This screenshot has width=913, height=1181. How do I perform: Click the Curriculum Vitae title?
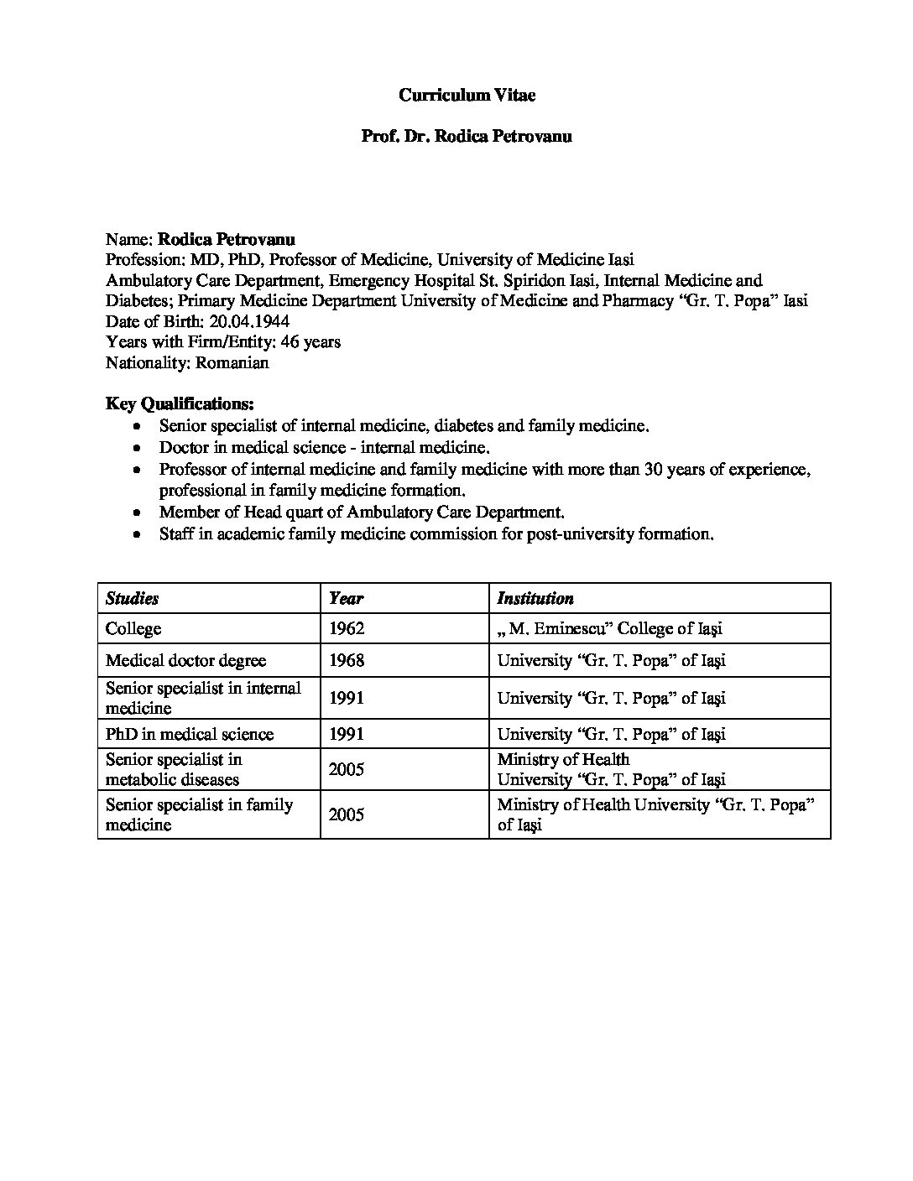tap(467, 96)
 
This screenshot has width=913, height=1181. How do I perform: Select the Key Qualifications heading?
tap(180, 403)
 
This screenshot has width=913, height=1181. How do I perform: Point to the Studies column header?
tap(132, 598)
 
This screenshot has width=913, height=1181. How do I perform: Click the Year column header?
tap(346, 598)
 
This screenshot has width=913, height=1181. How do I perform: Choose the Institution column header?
tap(535, 598)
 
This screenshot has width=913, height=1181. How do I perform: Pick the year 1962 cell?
tap(347, 628)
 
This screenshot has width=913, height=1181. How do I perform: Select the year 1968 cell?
tap(347, 660)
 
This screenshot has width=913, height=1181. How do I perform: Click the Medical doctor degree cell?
tap(185, 660)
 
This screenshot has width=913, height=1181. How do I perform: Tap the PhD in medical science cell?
tap(190, 734)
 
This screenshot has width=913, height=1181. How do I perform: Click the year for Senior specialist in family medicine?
tap(347, 814)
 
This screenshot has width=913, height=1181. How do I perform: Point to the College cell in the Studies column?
tap(133, 628)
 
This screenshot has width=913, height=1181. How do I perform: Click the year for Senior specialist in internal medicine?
tap(347, 698)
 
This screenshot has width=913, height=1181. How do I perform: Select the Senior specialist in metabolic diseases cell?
tap(174, 769)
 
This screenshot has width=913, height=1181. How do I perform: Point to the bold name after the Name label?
tap(227, 239)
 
